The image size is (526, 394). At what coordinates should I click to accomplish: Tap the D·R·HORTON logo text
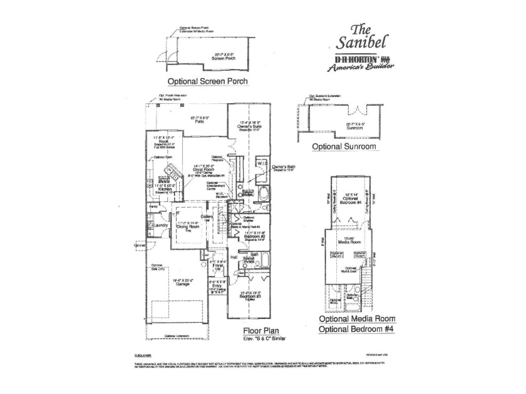pyautogui.click(x=348, y=61)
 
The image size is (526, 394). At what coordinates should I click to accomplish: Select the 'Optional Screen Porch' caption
pyautogui.click(x=207, y=81)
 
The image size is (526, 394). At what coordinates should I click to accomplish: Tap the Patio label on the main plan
pyautogui.click(x=199, y=122)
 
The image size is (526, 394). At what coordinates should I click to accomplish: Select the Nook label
pyautogui.click(x=165, y=139)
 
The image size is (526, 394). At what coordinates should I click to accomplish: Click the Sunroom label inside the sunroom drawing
pyautogui.click(x=355, y=127)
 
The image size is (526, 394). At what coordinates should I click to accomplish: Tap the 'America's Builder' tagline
pyautogui.click(x=354, y=70)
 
